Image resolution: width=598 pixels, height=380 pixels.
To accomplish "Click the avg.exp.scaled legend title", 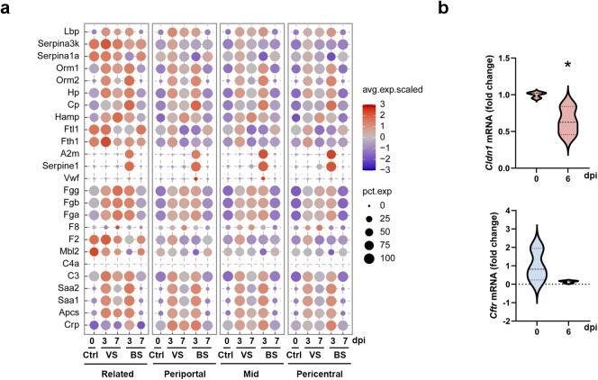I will (x=391, y=90).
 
